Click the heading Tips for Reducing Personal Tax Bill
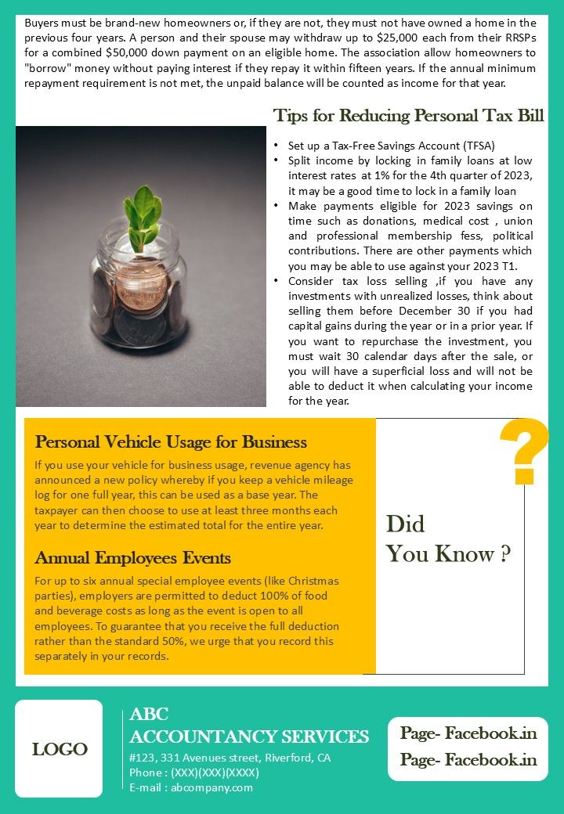pyautogui.click(x=408, y=116)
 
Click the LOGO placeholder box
pyautogui.click(x=59, y=749)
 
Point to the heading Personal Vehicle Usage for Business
pyautogui.click(x=171, y=442)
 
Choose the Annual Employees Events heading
pyautogui.click(x=132, y=558)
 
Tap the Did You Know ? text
pyautogui.click(x=448, y=539)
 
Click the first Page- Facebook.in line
pyautogui.click(x=468, y=733)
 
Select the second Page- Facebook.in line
pyautogui.click(x=468, y=760)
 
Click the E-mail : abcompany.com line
pyautogui.click(x=191, y=787)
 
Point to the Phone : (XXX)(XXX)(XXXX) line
pyautogui.click(x=194, y=773)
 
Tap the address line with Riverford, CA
pyautogui.click(x=230, y=758)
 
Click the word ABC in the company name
pyautogui.click(x=150, y=714)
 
